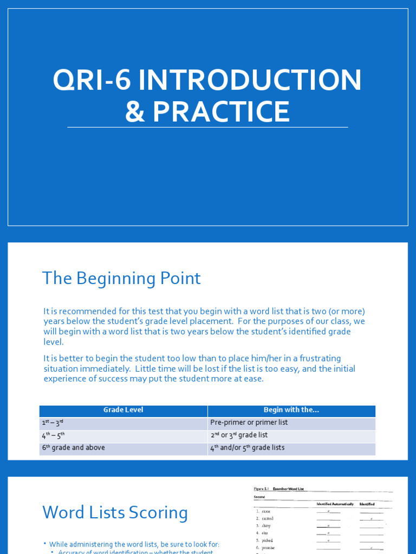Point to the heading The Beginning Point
tap(121, 278)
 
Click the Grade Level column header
tap(123, 410)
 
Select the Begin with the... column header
tap(291, 410)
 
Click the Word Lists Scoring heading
tap(115, 512)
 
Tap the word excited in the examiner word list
tap(268, 518)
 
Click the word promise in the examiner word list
tap(268, 548)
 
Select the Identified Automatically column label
tap(335, 504)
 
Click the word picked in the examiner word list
tap(267, 540)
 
